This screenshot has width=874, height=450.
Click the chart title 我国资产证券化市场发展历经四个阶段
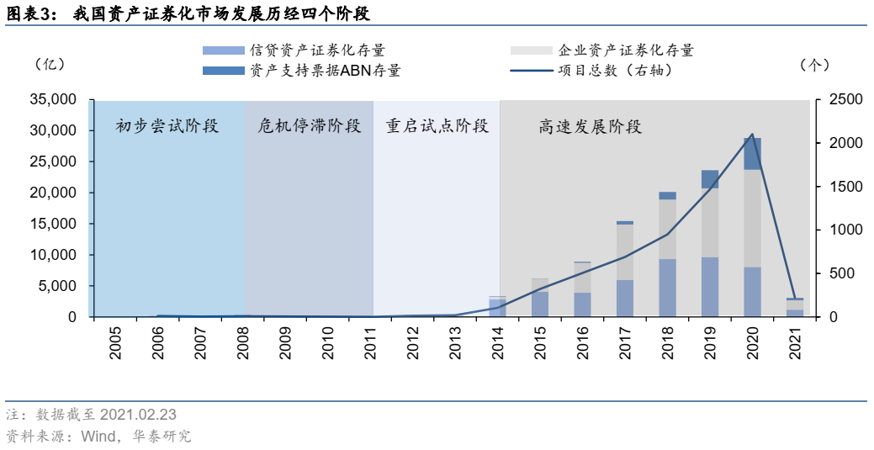point(222,15)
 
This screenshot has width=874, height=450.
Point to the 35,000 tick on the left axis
point(53,99)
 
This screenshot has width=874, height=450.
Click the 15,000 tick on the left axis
point(53,224)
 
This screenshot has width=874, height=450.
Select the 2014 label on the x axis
point(497,343)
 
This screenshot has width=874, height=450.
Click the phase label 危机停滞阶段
point(309,127)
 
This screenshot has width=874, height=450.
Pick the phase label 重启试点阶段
point(437,127)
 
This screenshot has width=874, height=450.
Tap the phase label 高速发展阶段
point(591,127)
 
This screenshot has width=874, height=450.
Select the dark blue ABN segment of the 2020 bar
point(752,154)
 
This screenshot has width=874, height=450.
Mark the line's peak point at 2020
point(752,135)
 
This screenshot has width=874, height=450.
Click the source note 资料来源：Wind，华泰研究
point(99,436)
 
